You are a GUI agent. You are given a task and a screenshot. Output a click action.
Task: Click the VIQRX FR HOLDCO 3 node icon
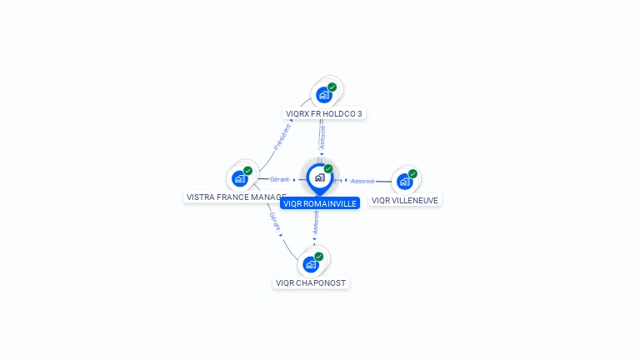(323, 95)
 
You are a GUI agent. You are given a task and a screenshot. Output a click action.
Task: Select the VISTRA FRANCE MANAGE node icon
(239, 178)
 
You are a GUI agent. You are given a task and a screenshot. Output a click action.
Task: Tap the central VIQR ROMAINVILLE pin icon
(318, 177)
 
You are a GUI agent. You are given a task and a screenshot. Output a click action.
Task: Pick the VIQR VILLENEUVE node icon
(404, 182)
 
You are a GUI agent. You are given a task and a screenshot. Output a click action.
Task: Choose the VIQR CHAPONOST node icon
(311, 265)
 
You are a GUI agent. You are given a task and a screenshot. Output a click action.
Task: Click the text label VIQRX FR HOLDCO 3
(324, 113)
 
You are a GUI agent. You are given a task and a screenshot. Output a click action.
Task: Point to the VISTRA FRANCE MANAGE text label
(236, 197)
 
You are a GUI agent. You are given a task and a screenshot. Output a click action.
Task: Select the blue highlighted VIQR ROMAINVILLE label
(320, 203)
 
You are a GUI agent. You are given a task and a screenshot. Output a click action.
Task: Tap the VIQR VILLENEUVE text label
(405, 200)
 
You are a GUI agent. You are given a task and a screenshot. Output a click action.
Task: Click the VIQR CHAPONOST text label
(311, 283)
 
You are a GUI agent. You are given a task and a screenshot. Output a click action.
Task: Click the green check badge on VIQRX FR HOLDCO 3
(332, 87)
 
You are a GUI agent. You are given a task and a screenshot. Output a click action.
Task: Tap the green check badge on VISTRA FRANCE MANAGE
(248, 170)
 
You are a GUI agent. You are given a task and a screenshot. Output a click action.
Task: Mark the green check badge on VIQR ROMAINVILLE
(328, 168)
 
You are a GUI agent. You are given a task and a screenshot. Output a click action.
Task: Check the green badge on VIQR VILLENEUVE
(413, 173)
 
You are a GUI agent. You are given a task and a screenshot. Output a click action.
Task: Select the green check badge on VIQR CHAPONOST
(319, 257)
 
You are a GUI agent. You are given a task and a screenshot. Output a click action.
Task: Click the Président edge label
(283, 137)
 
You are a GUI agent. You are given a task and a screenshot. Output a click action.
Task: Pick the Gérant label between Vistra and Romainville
(279, 179)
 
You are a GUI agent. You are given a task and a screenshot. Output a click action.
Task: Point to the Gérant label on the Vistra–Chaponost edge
(274, 221)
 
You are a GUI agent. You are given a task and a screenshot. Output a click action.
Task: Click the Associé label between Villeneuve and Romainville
(362, 181)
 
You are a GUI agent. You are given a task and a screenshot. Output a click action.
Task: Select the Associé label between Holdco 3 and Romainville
(322, 137)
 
